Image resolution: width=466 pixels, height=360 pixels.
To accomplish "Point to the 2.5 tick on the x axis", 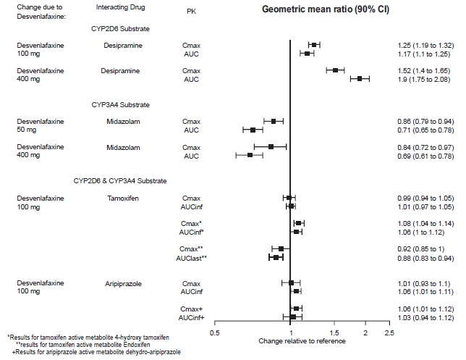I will (389, 333).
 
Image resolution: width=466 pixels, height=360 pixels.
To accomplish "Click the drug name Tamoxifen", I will (119, 198).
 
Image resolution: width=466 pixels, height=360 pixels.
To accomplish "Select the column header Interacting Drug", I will (119, 7).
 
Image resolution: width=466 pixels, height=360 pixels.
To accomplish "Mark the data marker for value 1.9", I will (359, 78).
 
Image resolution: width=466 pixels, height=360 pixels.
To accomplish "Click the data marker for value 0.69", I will (250, 155).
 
